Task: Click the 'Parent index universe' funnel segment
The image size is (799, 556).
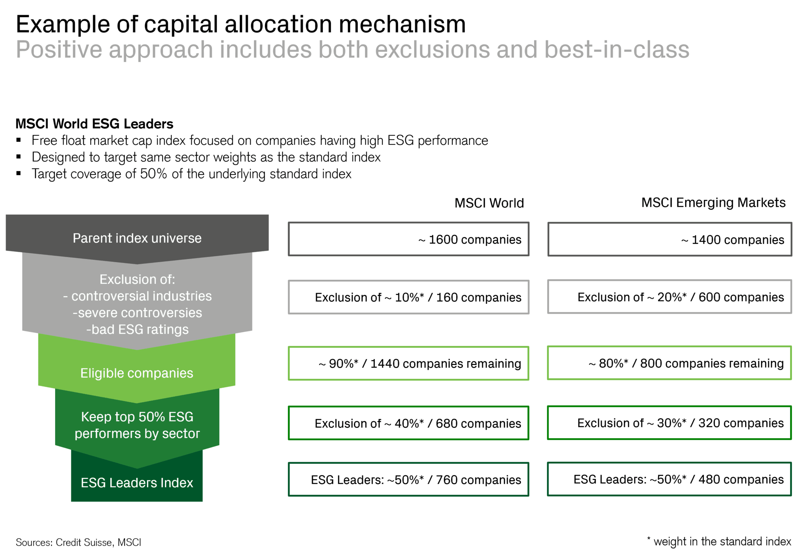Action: (137, 238)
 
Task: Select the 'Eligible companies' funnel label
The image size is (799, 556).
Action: (137, 373)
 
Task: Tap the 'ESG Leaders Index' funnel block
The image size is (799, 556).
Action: (137, 483)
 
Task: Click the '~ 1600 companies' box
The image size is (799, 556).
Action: (408, 239)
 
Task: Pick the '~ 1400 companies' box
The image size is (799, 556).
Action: (669, 239)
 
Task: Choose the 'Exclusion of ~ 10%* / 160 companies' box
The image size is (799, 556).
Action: (408, 297)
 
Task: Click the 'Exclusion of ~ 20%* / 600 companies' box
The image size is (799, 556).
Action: (669, 297)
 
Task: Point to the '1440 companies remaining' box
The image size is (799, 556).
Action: (408, 363)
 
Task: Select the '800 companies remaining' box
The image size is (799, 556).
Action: (669, 363)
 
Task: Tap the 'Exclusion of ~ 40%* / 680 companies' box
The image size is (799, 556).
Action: (408, 423)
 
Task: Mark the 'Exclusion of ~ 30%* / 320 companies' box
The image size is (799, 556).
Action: (669, 423)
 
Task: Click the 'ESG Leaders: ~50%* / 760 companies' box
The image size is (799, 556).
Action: (408, 479)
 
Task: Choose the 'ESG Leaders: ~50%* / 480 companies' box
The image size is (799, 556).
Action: (669, 479)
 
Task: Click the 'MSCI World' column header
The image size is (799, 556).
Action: (489, 203)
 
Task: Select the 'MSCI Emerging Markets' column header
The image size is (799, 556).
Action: (713, 203)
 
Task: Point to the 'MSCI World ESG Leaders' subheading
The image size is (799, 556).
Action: (94, 124)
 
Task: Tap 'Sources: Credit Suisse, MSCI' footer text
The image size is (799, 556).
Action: (78, 542)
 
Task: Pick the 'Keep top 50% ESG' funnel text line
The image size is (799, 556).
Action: (137, 417)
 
